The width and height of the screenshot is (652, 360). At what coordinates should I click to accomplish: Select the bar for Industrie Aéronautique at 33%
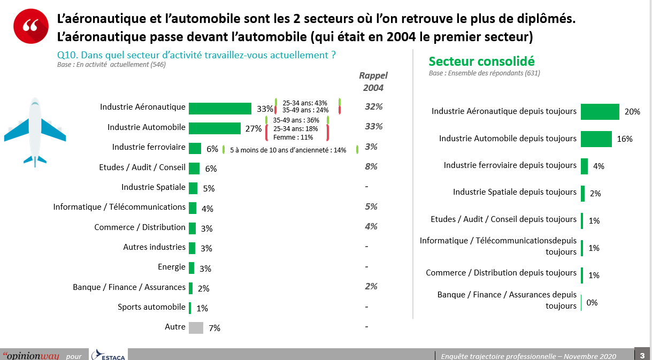[220, 108]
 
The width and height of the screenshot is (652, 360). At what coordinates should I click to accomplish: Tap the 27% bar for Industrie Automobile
[214, 128]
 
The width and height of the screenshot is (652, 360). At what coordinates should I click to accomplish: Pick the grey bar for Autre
[196, 327]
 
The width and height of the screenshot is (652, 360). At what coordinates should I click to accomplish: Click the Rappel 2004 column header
[373, 82]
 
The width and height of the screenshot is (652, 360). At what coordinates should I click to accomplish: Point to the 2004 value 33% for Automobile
[373, 127]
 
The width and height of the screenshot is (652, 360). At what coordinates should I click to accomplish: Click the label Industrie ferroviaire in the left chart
[149, 147]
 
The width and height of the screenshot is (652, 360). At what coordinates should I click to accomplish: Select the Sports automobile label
[151, 307]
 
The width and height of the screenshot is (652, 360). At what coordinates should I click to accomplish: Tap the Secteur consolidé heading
[481, 62]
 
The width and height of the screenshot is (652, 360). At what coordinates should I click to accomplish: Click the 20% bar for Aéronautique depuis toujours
[600, 112]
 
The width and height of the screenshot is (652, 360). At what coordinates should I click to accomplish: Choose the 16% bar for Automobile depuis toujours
[596, 139]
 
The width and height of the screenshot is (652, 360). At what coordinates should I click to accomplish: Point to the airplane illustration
[35, 132]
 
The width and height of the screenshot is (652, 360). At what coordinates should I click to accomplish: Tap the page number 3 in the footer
[642, 355]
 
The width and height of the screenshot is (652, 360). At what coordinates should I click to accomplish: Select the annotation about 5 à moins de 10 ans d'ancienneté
[288, 150]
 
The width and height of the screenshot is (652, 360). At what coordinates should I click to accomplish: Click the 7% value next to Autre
[214, 328]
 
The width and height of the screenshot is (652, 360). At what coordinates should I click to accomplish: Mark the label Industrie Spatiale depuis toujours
[515, 192]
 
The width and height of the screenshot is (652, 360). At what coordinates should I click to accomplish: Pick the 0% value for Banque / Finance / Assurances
[592, 303]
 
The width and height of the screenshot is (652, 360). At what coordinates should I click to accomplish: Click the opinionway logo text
[30, 356]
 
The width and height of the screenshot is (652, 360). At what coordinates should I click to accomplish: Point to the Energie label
[171, 267]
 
